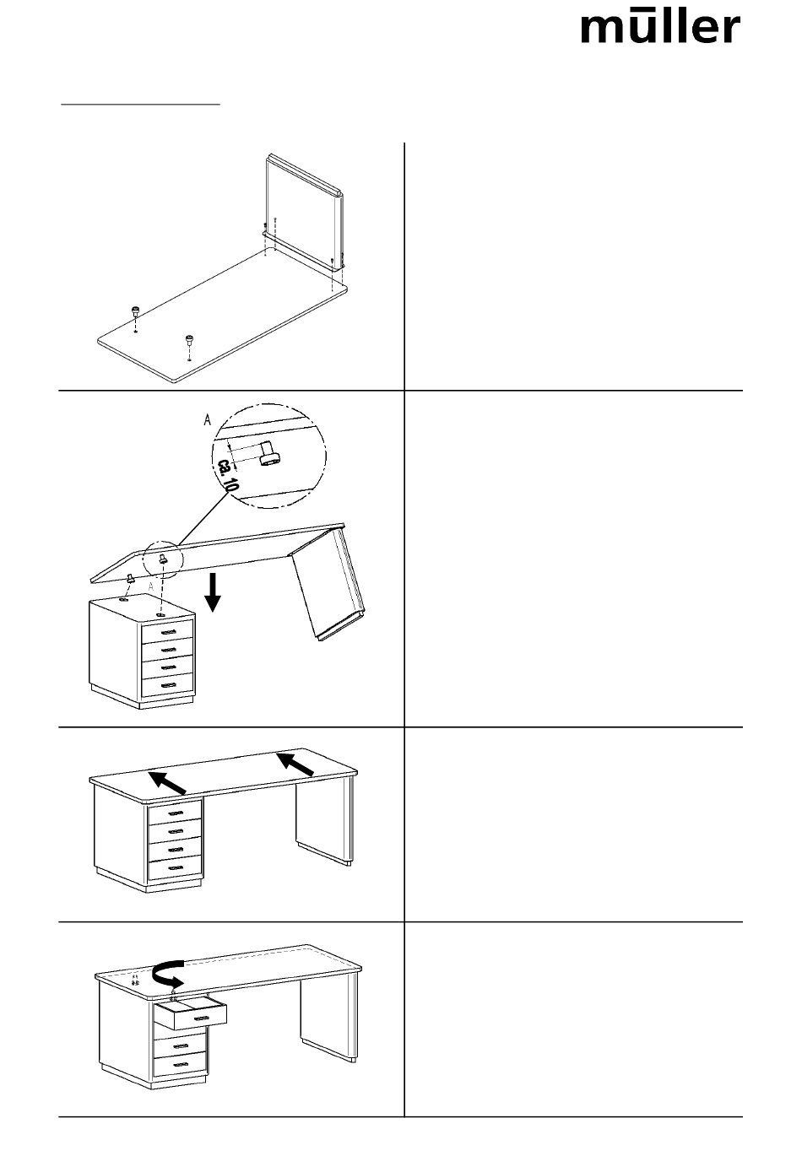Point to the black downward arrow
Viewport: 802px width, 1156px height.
(213, 591)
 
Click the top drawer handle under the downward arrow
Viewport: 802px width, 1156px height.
(168, 632)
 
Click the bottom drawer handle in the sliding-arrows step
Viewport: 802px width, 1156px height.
(175, 867)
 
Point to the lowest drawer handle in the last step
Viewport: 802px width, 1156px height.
(179, 1064)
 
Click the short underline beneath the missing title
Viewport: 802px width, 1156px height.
(140, 105)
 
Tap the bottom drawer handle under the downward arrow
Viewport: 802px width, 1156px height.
(168, 685)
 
